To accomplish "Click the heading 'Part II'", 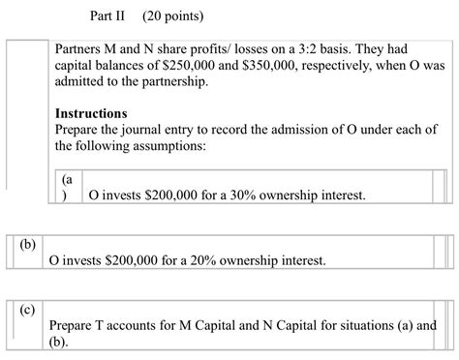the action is (x=107, y=16).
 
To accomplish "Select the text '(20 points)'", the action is (x=172, y=16).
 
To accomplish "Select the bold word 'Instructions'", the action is (x=91, y=113).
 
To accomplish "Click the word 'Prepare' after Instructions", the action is (x=80, y=130).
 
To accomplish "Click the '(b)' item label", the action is (x=26, y=244).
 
